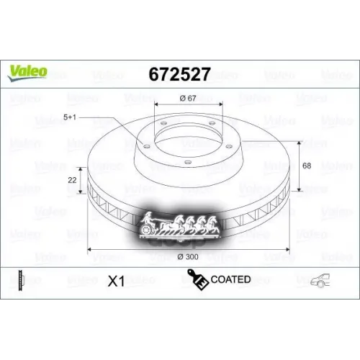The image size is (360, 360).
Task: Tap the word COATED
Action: pos(231,279)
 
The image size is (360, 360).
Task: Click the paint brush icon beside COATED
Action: pos(197,279)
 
